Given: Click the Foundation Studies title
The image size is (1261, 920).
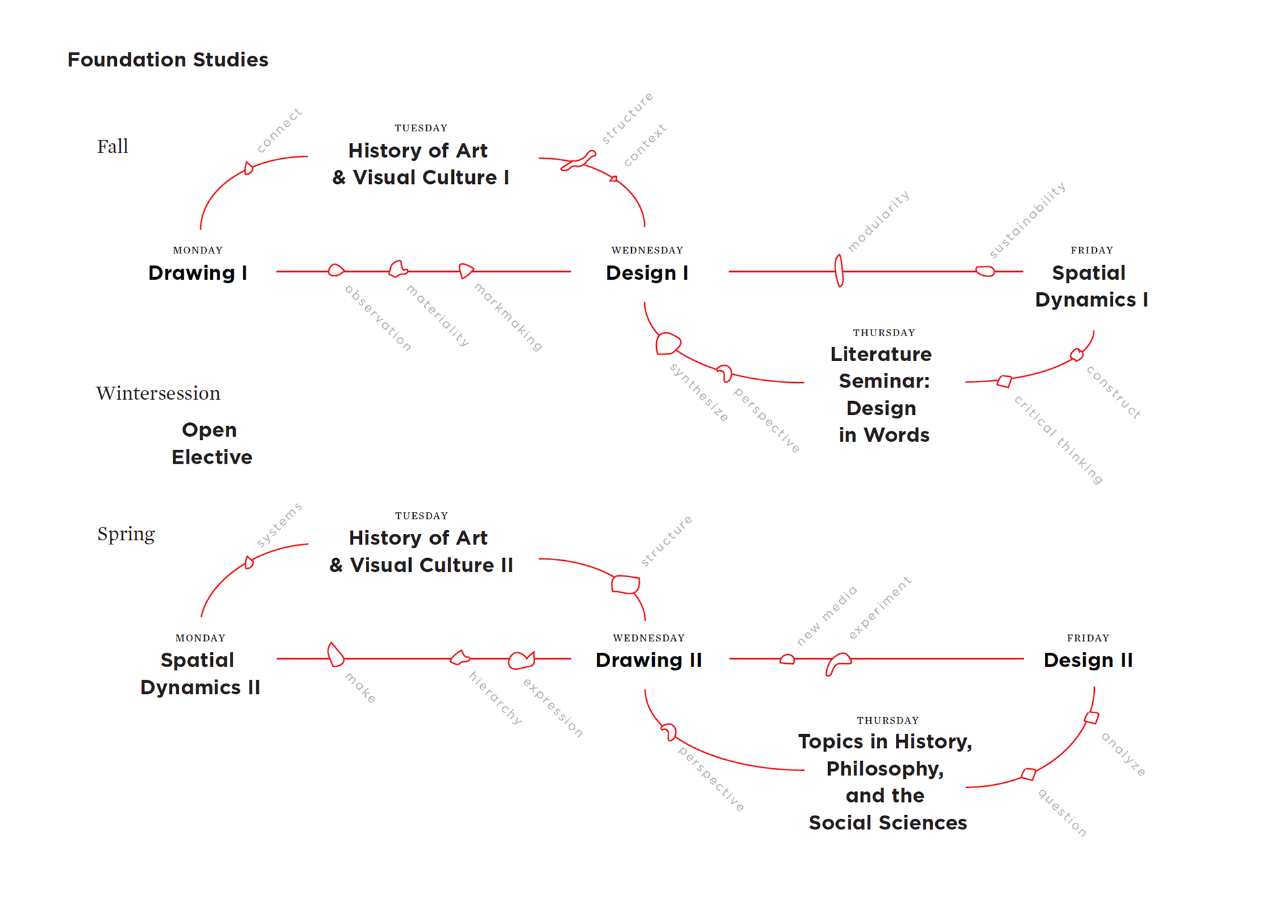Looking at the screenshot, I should (x=167, y=60).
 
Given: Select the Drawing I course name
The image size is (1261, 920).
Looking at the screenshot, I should (x=197, y=273).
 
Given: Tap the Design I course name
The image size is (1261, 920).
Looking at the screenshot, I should (x=646, y=273).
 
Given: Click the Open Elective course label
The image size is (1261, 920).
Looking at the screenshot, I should (x=211, y=443).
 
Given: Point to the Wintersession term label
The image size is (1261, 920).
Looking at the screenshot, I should (x=158, y=393).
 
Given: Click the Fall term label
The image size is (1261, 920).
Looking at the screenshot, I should (x=112, y=146).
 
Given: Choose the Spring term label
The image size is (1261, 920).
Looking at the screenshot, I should (x=125, y=534).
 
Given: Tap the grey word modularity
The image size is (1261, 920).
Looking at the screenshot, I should (x=878, y=221).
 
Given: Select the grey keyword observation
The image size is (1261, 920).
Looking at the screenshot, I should (x=378, y=318).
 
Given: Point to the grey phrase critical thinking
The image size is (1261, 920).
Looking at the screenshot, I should (x=1057, y=440).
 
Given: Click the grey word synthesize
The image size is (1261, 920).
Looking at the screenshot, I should (x=699, y=392).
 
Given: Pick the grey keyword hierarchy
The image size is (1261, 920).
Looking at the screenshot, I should (x=495, y=697).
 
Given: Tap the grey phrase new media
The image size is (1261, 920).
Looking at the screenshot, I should (x=826, y=615).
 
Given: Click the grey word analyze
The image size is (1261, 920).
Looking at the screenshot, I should (x=1123, y=754).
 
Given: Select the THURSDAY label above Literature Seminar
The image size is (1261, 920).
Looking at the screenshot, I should (x=883, y=333).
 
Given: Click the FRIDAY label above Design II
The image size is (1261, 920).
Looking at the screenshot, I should (x=1088, y=638).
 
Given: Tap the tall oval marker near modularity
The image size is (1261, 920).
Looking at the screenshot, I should (x=839, y=271).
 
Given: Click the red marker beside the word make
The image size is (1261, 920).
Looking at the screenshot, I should (x=336, y=655).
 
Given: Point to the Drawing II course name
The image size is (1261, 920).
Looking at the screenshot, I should (x=648, y=660).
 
